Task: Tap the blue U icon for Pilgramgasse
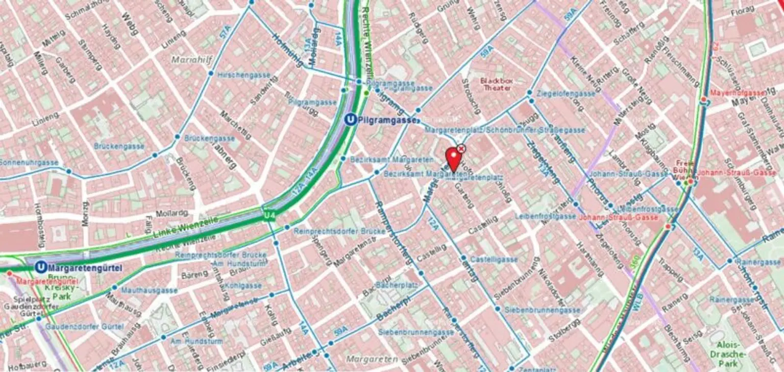[350, 120]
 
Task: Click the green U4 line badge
[269, 216]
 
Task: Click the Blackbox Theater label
[496, 84]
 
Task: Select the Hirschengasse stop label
[243, 75]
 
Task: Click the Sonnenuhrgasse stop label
[29, 162]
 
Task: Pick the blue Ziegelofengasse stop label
[566, 94]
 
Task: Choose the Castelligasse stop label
[494, 260]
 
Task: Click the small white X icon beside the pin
[461, 148]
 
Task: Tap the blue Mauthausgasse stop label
[142, 290]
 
